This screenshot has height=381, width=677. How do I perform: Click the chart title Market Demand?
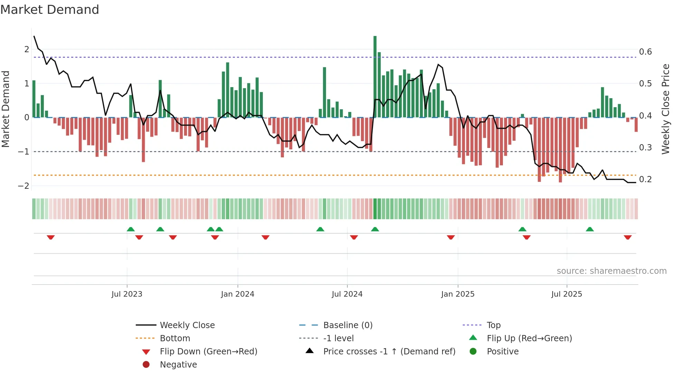pos(50,10)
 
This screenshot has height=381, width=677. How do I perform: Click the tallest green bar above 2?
pos(375,76)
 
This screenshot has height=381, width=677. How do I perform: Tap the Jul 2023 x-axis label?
pos(127,294)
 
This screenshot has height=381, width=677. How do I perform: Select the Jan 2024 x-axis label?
pos(238,294)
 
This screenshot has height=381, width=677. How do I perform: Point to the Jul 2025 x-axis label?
pos(566,294)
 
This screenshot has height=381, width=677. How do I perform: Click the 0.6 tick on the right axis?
pos(645,52)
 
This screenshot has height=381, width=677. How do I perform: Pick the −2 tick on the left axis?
pos(23,186)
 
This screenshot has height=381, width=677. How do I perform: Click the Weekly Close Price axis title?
pos(665,109)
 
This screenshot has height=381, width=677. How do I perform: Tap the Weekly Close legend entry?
pos(187,325)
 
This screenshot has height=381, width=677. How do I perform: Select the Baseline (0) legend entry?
pos(347,325)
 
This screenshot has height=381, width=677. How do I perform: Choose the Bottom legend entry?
pos(175,338)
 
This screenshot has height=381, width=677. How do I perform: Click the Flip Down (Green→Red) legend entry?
pos(208,352)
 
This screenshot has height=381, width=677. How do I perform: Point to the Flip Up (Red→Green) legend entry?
pos(529,338)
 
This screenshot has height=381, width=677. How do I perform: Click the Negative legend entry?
pos(178,365)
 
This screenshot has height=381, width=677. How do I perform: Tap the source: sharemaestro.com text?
pos(611,271)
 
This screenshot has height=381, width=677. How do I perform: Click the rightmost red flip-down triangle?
pos(628,237)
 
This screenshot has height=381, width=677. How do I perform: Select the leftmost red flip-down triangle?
pos(51,237)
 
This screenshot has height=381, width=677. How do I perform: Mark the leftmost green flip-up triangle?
pos(131,229)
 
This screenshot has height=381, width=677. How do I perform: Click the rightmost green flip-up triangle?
pos(590,229)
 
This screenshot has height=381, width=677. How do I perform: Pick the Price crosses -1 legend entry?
pos(389,352)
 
